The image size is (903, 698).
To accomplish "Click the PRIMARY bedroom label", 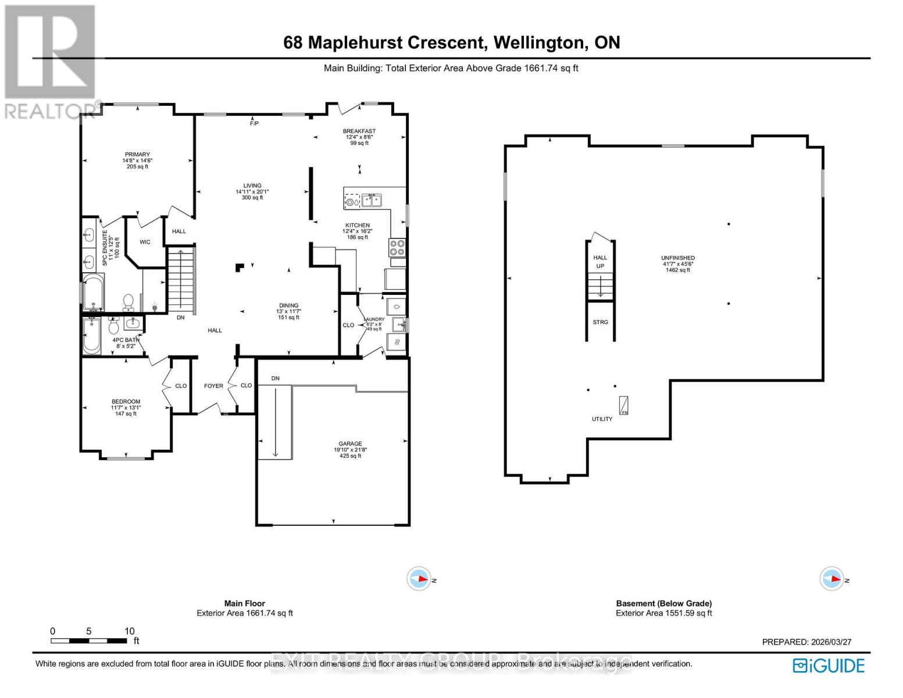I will pos(137,155).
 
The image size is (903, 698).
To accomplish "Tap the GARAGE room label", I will pos(350,444).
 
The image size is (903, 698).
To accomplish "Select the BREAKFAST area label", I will pos(359,131).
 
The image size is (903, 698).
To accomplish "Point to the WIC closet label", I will pos(145,242).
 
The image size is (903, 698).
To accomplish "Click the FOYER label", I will pos(213,386).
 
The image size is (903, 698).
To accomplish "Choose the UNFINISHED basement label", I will pos(677,258).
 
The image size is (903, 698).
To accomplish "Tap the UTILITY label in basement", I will pos(602,419).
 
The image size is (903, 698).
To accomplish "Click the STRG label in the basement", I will pos(600,322).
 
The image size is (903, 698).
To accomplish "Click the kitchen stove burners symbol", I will pos(397,248).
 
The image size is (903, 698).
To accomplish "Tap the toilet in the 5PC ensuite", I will pos(128,302).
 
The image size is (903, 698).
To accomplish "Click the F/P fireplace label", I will pos(254,123).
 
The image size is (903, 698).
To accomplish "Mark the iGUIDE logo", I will pos(829,665).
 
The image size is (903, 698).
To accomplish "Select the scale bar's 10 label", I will pos(129,631).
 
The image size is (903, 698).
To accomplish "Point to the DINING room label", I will pos(288,305).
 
